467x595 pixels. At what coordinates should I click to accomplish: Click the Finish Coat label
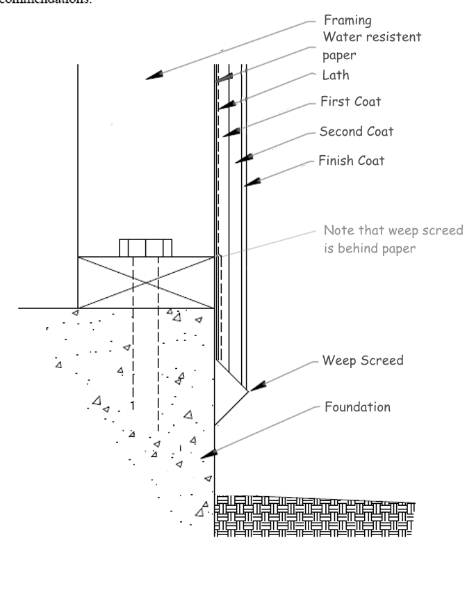(x=351, y=161)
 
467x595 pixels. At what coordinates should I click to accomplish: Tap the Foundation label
(x=357, y=406)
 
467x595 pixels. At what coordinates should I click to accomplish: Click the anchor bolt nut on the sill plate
(x=145, y=248)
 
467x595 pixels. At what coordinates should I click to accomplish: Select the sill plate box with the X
(x=145, y=282)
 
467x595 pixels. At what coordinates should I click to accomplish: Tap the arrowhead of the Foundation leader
(x=211, y=453)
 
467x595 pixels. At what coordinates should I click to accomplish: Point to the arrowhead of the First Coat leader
(x=227, y=131)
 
